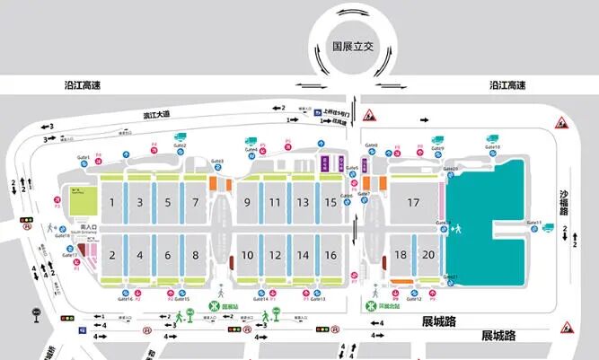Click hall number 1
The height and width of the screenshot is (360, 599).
coord(112,203)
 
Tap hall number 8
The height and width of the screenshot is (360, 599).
coord(195,256)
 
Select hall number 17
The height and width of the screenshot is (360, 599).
coord(413,203)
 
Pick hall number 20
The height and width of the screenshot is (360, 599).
coord(428,256)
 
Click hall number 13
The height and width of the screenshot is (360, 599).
coord(304,203)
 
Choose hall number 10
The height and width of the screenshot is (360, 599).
coord(248,256)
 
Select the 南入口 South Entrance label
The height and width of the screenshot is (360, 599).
coord(88,232)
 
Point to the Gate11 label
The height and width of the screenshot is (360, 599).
coord(533,222)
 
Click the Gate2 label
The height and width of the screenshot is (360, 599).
coord(180,145)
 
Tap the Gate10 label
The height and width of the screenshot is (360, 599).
coord(493,146)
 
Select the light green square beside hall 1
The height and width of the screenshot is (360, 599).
coord(78,202)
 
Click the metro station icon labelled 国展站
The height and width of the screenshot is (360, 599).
coord(214,306)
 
